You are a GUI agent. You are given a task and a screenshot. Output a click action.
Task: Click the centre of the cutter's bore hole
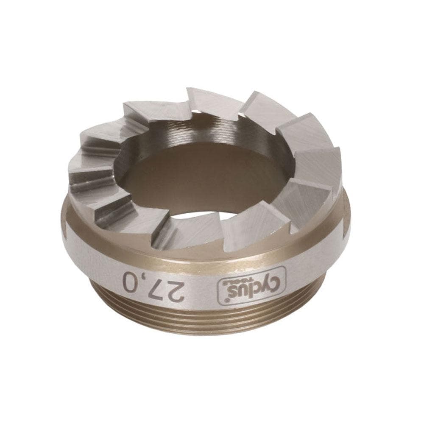[204, 178]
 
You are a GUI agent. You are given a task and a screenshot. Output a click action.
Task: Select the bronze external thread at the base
[204, 320]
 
